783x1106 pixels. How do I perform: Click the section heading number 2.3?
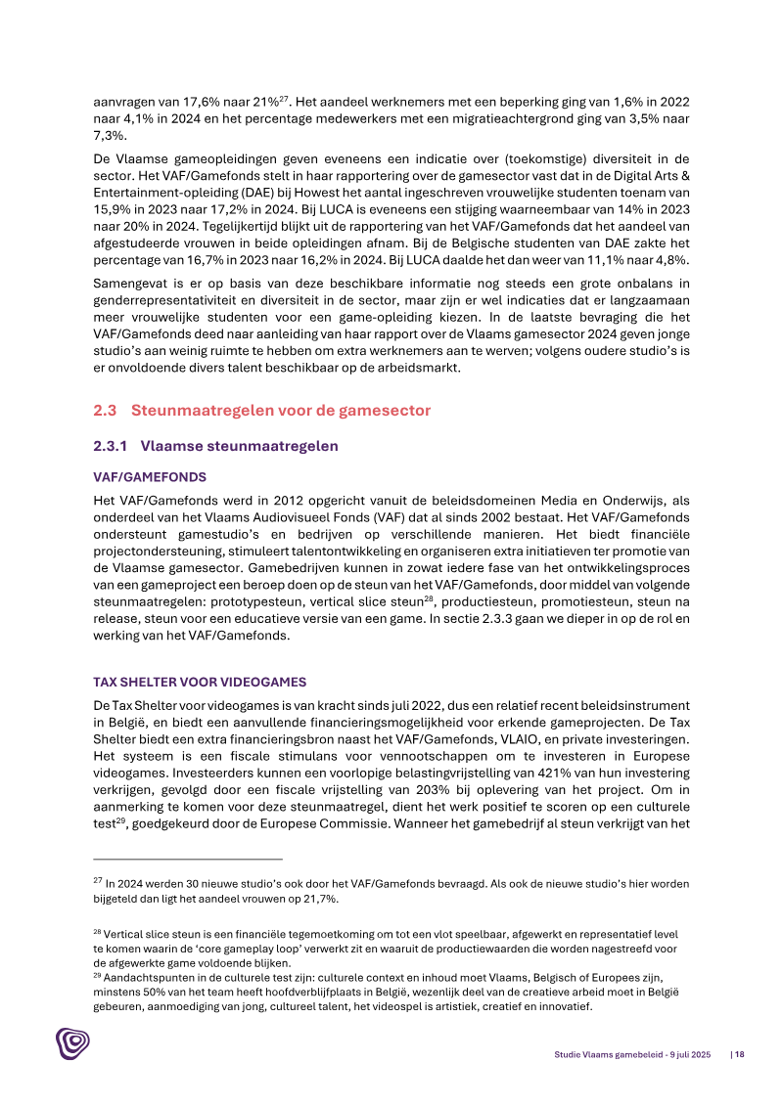click(104, 411)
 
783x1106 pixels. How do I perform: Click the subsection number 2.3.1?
click(111, 446)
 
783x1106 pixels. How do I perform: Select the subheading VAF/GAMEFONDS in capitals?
click(150, 477)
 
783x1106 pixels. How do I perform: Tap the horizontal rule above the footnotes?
click(188, 860)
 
